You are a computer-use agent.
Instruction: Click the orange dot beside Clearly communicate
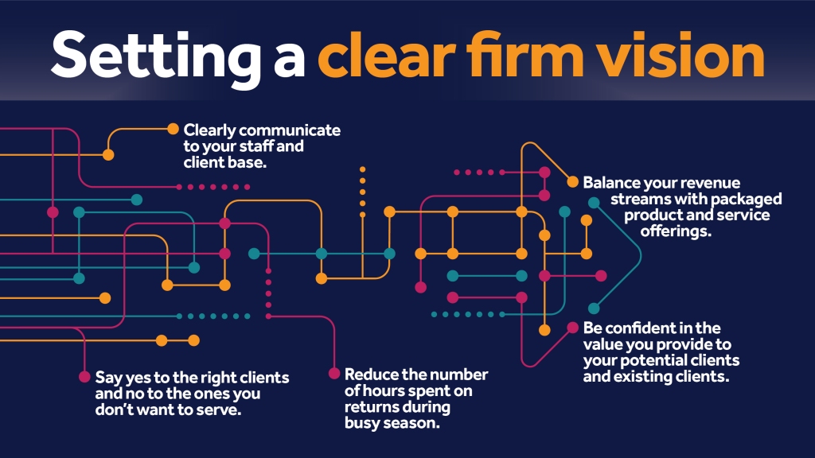173,130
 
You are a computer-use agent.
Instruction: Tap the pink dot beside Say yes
84,377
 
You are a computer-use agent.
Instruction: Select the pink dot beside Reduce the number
334,374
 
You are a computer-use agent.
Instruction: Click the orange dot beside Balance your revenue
572,182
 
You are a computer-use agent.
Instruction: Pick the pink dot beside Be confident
572,328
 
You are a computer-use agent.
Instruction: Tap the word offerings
675,231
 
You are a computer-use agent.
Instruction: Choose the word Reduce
371,375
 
